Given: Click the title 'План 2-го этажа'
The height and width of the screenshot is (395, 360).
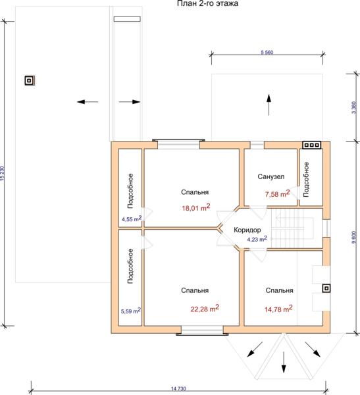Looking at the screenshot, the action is tap(207, 3).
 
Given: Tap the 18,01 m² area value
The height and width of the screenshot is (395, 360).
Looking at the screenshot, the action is tap(196, 207).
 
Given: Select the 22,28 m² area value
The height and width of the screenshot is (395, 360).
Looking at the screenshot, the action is tap(205, 308).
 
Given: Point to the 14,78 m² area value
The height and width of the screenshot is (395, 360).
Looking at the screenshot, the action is tap(278, 309).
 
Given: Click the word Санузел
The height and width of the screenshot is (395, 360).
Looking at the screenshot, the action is tap(270, 176).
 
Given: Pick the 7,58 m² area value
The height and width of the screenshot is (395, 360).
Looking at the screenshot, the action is tap(277, 194).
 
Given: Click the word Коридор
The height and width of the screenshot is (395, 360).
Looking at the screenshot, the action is tap(247, 230).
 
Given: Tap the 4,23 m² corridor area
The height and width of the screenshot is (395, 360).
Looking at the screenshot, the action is tap(257, 239).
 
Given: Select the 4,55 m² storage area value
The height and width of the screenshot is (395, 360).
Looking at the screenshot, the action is tap(132, 219).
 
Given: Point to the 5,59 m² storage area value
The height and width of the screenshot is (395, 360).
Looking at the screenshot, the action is tap(131, 311).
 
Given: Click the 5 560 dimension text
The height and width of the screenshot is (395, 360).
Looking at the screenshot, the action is tap(267, 53).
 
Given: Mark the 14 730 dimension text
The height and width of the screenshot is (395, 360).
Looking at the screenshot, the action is tap(178, 388).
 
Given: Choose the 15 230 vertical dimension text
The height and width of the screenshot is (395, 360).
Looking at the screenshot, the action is tap(2, 173).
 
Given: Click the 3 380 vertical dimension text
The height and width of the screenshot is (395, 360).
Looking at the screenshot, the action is tap(354, 107).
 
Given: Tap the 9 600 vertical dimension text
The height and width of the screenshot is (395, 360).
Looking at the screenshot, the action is tap(354, 237).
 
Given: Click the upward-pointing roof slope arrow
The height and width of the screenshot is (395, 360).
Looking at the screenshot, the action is tap(269, 105).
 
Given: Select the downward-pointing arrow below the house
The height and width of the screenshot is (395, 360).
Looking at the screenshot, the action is tap(284, 362).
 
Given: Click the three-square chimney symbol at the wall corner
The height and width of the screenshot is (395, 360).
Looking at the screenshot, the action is tap(312, 145).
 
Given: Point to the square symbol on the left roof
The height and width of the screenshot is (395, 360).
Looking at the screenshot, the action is tap(29, 80).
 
